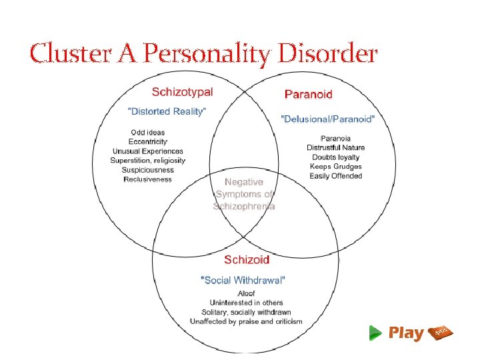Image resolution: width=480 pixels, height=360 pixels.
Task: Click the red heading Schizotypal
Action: pyautogui.click(x=182, y=92)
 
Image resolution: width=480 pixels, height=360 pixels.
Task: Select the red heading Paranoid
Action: pyautogui.click(x=308, y=94)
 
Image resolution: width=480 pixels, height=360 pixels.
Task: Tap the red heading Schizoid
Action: pyautogui.click(x=246, y=259)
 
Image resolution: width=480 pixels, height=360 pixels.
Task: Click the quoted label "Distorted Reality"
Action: pyautogui.click(x=167, y=111)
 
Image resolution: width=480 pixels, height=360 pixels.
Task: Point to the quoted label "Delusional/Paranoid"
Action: pyautogui.click(x=328, y=119)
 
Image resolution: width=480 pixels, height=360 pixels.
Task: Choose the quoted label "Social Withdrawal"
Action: pyautogui.click(x=244, y=279)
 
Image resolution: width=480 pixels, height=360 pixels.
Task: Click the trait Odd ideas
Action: pyautogui.click(x=148, y=133)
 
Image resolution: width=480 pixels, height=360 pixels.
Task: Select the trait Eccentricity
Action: pyautogui.click(x=149, y=142)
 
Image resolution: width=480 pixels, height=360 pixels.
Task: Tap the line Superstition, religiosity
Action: pyautogui.click(x=149, y=161)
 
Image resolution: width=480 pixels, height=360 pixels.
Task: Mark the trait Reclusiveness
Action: pyautogui.click(x=147, y=179)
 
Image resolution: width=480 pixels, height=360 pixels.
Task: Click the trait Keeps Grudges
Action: pyautogui.click(x=335, y=167)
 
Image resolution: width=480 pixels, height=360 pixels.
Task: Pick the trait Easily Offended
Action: pyautogui.click(x=335, y=176)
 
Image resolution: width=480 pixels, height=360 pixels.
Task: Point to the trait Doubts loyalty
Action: pyautogui.click(x=335, y=157)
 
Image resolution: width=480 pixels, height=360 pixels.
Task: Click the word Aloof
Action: pyautogui.click(x=246, y=293)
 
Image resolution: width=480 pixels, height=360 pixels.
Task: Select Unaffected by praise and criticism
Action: pyautogui.click(x=246, y=321)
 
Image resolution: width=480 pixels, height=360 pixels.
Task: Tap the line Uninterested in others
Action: pyautogui.click(x=246, y=303)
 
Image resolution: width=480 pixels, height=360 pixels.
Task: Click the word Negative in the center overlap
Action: pyautogui.click(x=243, y=182)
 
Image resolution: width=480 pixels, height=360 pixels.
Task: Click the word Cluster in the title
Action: pyautogui.click(x=63, y=53)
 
